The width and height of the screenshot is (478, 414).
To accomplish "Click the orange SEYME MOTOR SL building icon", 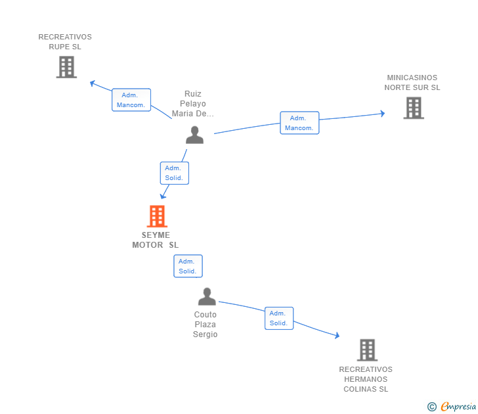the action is click(157, 216).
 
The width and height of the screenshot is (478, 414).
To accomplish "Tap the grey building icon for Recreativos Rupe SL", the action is click(66, 67).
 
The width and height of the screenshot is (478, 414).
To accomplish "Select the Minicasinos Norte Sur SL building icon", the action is click(414, 108).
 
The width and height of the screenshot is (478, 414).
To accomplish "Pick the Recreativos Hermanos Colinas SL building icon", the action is click(367, 350).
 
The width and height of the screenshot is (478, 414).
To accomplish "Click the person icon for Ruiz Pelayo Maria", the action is click(194, 135).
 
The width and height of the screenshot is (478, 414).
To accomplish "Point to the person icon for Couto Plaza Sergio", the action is click(207, 296).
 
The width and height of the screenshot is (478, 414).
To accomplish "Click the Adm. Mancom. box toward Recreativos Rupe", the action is click(131, 100).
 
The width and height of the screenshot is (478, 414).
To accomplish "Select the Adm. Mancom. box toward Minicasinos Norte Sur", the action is click(299, 123).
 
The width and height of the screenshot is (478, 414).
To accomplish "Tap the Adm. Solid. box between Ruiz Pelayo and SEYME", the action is click(175, 173).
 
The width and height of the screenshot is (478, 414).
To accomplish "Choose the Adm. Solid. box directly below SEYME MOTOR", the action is click(188, 266).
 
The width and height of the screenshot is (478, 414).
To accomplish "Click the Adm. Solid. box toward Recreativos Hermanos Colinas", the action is click(279, 318).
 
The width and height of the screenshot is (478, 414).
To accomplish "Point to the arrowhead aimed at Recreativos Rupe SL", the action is click(93, 83).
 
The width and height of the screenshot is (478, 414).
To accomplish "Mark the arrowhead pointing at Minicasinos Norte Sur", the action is click(383, 114).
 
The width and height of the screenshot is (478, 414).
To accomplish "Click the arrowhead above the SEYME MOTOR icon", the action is click(163, 196).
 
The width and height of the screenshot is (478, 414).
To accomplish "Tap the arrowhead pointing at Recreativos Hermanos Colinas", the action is click(337, 335).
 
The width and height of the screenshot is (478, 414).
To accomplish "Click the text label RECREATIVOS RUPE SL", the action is click(65, 42).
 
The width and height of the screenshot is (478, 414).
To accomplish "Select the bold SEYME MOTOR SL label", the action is click(156, 240).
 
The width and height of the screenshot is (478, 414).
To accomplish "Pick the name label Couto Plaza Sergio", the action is click(205, 325).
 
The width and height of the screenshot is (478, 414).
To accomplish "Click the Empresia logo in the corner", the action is click(458, 406).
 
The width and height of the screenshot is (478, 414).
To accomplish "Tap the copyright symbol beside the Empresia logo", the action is click(432, 407).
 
